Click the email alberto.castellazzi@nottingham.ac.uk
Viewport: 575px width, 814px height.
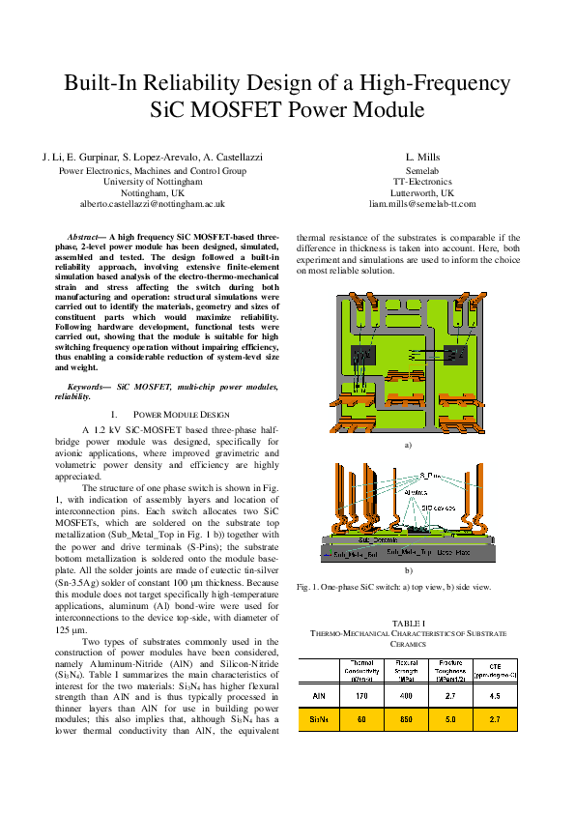(152, 204)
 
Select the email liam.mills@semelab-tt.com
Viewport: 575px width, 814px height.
(422, 204)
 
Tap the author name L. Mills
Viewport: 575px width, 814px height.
(422, 157)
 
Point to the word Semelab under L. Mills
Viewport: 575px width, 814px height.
(422, 169)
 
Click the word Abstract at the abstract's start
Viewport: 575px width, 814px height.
(85, 236)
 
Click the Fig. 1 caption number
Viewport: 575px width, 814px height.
(306, 586)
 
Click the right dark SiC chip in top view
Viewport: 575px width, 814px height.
(455, 359)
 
